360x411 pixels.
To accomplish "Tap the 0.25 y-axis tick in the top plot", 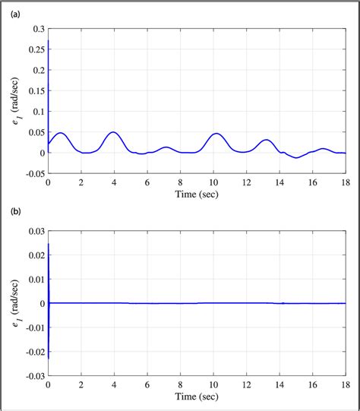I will pyautogui.click(x=33, y=49).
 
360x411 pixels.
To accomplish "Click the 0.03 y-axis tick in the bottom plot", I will pyautogui.click(x=33, y=231).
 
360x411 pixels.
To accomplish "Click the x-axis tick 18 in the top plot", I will pyautogui.click(x=345, y=183).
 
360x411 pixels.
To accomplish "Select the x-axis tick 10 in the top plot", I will pyautogui.click(x=213, y=183).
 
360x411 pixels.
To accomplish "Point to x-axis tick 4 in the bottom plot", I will pyautogui.click(x=114, y=384).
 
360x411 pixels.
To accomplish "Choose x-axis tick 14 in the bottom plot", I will pyautogui.click(x=279, y=384).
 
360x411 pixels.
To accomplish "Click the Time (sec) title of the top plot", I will pyautogui.click(x=196, y=194).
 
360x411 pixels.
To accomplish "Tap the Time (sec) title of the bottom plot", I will pyautogui.click(x=196, y=396).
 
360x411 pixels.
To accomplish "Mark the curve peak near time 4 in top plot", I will pyautogui.click(x=113, y=132).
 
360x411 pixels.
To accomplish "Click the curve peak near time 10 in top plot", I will pyautogui.click(x=216, y=134).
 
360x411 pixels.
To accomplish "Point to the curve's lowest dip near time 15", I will pyautogui.click(x=296, y=157).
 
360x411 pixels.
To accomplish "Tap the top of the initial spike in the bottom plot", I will pyautogui.click(x=49, y=244).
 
